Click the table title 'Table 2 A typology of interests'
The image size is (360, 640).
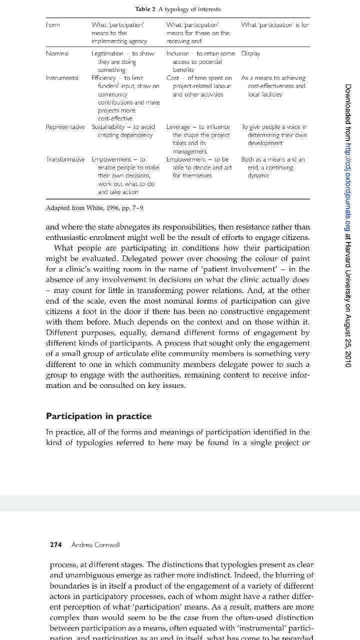click(177, 9)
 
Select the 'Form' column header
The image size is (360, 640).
click(52, 24)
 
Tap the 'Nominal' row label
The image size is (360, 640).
click(57, 53)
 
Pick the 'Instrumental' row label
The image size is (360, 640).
click(62, 78)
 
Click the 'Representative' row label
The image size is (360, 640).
click(65, 127)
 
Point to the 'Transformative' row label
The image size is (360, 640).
click(65, 159)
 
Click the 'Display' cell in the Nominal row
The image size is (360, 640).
click(250, 53)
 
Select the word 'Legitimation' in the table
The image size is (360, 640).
click(107, 53)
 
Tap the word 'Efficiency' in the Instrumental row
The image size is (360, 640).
click(103, 78)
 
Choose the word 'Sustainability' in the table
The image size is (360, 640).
click(108, 127)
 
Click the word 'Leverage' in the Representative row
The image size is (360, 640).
click(178, 127)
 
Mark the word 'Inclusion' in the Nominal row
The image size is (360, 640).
click(178, 53)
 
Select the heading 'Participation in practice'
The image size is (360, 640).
click(98, 416)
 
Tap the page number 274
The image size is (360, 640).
click(55, 544)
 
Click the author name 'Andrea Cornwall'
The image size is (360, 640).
click(95, 544)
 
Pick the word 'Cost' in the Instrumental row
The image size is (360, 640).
click(172, 78)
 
